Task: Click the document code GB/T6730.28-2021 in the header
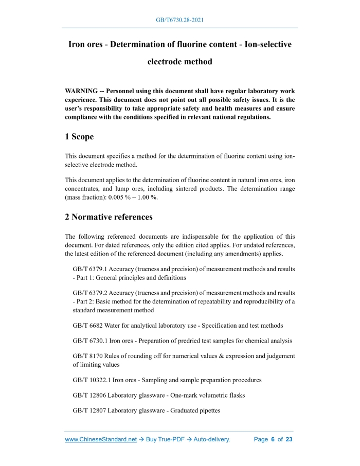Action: pos(180,20)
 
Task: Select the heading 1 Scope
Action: pos(79,137)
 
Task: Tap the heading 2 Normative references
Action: pos(109,217)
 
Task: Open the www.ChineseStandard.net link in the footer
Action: pos(101,440)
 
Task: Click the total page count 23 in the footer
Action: pos(289,440)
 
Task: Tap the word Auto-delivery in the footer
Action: pos(211,440)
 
